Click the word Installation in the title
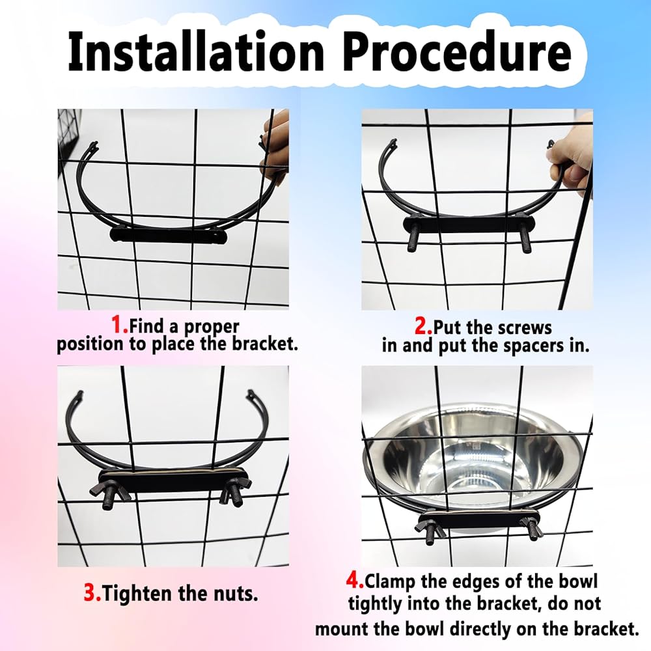pyautogui.click(x=195, y=53)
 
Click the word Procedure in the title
pyautogui.click(x=458, y=53)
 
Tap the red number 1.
pyautogui.click(x=119, y=325)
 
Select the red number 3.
pyautogui.click(x=92, y=592)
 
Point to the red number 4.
pyautogui.click(x=355, y=580)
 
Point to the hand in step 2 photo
pyautogui.click(x=572, y=161)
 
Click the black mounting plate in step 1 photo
pyautogui.click(x=169, y=236)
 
